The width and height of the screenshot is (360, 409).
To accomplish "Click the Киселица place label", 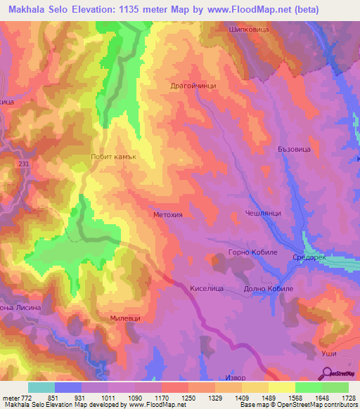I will (207, 288).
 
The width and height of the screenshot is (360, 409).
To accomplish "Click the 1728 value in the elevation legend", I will (349, 398).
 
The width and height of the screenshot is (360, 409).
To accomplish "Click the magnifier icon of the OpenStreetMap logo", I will (326, 375).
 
